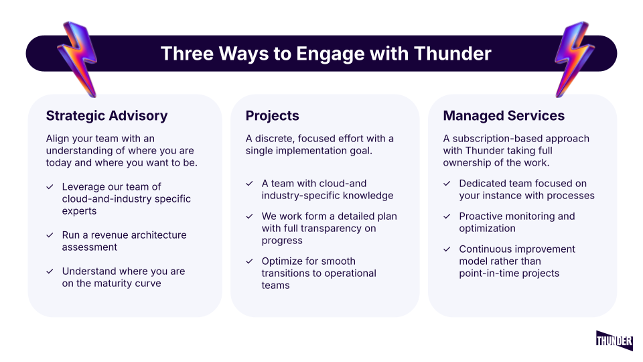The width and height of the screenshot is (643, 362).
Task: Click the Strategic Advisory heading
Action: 106,116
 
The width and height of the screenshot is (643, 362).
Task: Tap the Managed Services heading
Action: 504,116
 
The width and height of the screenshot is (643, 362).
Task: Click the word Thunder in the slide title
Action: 453,54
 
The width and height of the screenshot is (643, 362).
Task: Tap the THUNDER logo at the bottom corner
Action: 614,341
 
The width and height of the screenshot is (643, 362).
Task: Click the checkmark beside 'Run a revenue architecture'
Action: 50,235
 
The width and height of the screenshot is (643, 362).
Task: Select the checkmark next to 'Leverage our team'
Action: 50,187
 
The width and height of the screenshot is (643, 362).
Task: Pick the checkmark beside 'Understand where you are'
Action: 50,271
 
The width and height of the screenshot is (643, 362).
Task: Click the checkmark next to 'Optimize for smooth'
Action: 249,261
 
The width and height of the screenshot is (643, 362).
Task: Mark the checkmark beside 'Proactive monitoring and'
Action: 447,217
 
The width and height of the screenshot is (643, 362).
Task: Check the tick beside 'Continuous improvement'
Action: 447,249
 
